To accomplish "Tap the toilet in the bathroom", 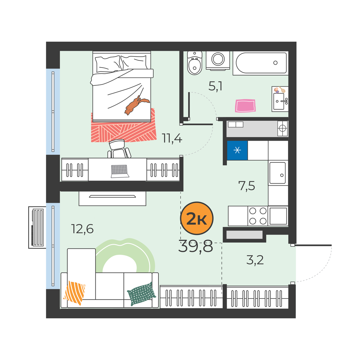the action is click(x=194, y=63).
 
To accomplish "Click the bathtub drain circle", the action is click(x=275, y=63).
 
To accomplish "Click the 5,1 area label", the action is click(x=215, y=86).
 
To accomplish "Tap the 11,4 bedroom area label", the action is click(x=172, y=138).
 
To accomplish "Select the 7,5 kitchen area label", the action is click(x=246, y=186).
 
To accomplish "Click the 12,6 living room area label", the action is click(x=82, y=229).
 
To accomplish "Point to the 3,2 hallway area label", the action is click(x=255, y=260).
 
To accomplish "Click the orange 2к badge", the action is click(x=196, y=218).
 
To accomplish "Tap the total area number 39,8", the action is click(x=196, y=246).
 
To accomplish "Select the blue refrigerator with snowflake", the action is click(x=237, y=150).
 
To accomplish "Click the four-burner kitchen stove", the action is click(x=258, y=216).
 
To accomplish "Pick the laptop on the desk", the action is click(x=120, y=171).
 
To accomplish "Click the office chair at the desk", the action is click(x=119, y=149).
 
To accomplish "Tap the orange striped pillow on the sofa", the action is click(x=74, y=293).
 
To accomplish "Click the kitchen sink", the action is click(x=277, y=173).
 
